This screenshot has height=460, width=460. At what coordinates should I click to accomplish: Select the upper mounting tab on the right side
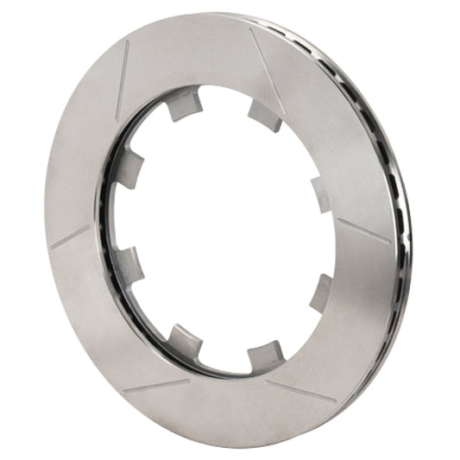click(321, 194)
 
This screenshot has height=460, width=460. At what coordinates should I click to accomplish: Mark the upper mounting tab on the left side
click(129, 170)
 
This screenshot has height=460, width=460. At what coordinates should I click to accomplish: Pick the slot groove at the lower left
click(155, 386)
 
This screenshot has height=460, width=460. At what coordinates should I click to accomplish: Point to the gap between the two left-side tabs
click(121, 217)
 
